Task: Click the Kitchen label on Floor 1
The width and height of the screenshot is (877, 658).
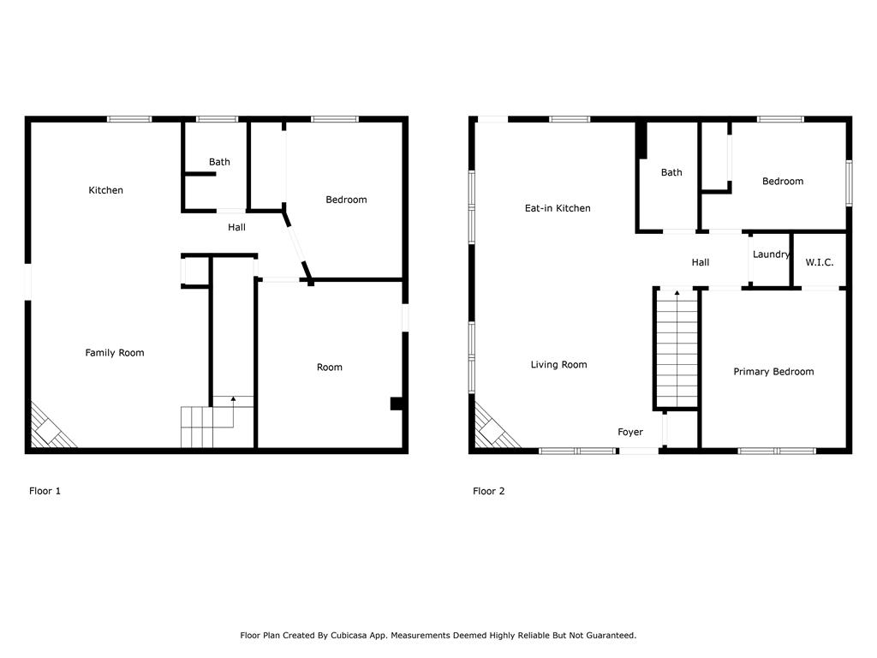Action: tap(106, 190)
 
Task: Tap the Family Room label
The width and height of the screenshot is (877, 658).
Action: tap(115, 353)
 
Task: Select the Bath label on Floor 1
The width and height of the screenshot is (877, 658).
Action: tap(219, 162)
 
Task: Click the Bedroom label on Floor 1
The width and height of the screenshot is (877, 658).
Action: tap(346, 200)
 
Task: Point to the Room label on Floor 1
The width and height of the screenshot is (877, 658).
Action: tap(330, 368)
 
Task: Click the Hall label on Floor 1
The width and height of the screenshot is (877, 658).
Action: tap(236, 227)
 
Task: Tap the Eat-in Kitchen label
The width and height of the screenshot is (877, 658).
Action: tap(558, 208)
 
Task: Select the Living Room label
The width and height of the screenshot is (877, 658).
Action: tap(558, 365)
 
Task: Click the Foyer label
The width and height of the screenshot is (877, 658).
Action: tap(630, 433)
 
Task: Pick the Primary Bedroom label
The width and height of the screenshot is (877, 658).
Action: tap(773, 372)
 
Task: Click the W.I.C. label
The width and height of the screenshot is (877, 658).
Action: tap(820, 262)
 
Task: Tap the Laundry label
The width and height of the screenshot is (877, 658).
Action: tap(771, 254)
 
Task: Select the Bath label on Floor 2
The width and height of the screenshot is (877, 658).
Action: tap(671, 172)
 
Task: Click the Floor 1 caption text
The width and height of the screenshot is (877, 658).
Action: tap(45, 491)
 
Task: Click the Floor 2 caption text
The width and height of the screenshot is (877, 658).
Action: tap(488, 491)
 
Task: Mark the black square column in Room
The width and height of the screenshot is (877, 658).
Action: tap(397, 404)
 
